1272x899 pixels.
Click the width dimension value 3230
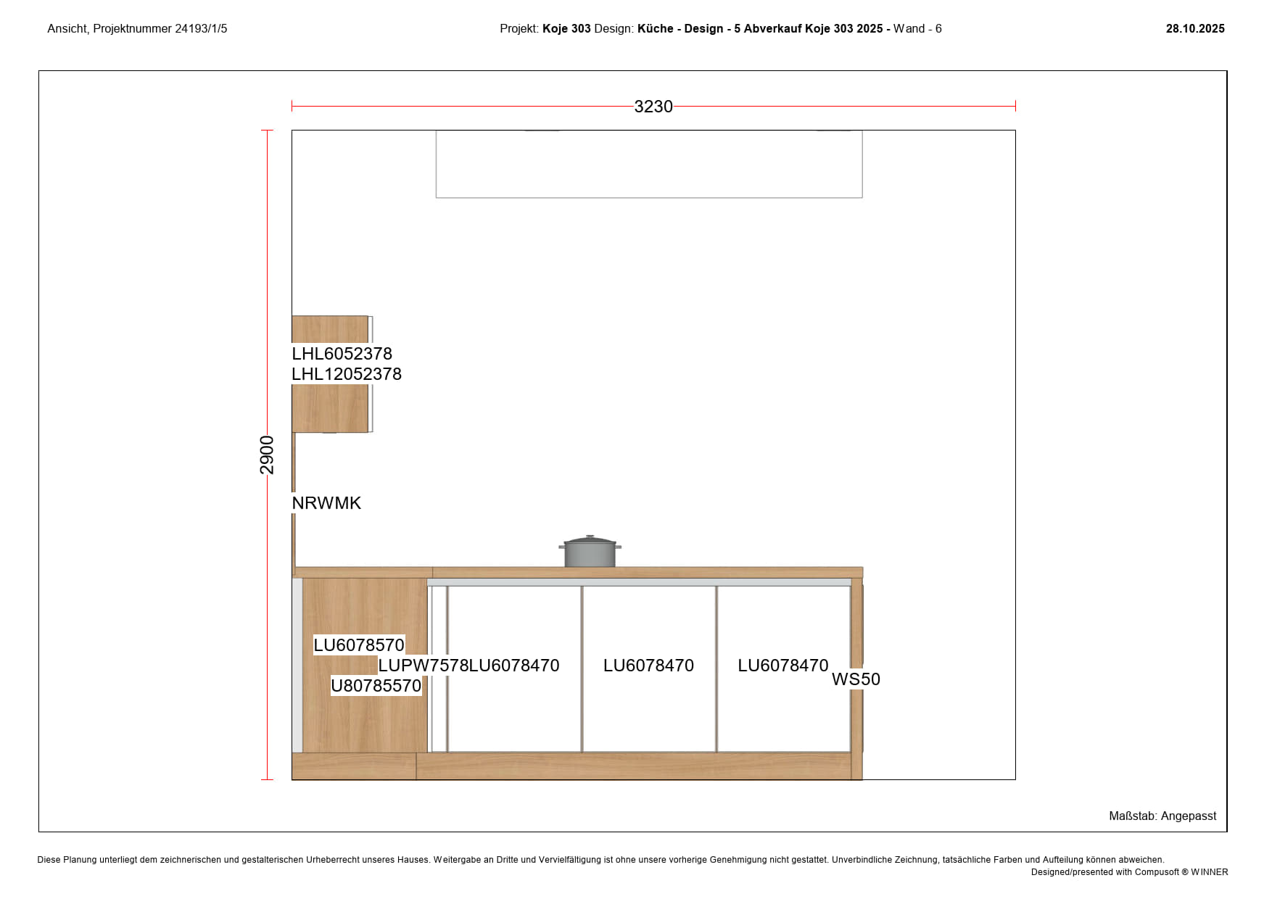pyautogui.click(x=653, y=107)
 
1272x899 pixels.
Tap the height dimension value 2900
pyautogui.click(x=267, y=455)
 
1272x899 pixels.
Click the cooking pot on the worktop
pyautogui.click(x=590, y=552)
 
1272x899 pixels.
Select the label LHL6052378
pyautogui.click(x=342, y=354)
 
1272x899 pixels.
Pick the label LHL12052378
pyautogui.click(x=347, y=374)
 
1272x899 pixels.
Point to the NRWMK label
pyautogui.click(x=326, y=503)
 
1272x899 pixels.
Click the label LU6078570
pyautogui.click(x=359, y=645)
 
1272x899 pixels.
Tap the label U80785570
pyautogui.click(x=376, y=686)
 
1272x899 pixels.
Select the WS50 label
pyautogui.click(x=856, y=679)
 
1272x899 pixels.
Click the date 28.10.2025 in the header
pyautogui.click(x=1195, y=29)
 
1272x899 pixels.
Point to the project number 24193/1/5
pyautogui.click(x=201, y=29)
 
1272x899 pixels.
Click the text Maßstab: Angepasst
pyautogui.click(x=1162, y=816)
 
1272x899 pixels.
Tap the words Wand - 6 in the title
pyautogui.click(x=917, y=29)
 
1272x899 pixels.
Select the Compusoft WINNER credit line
pyautogui.click(x=1129, y=872)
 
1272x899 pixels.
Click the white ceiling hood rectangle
pyautogui.click(x=649, y=164)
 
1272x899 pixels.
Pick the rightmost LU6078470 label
pyautogui.click(x=783, y=666)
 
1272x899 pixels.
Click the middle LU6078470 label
pyautogui.click(x=648, y=666)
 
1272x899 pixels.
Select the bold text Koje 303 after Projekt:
pyautogui.click(x=566, y=29)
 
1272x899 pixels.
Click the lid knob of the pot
pyautogui.click(x=590, y=537)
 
